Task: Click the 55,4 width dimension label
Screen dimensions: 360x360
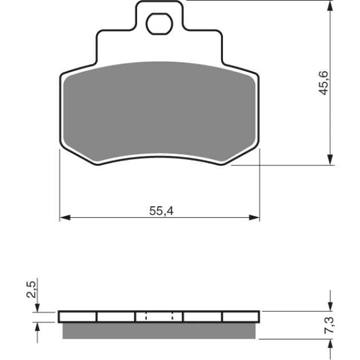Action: (x=161, y=211)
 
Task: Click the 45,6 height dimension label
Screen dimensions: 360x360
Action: (x=324, y=83)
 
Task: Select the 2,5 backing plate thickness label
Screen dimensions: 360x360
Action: (x=31, y=289)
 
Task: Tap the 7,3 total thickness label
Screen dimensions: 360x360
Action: (x=330, y=325)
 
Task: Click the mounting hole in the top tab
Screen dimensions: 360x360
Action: (x=159, y=23)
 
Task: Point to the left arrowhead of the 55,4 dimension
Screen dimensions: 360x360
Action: (x=65, y=217)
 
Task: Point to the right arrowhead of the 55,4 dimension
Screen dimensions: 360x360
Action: (x=254, y=217)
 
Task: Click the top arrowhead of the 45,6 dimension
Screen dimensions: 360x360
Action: (x=330, y=6)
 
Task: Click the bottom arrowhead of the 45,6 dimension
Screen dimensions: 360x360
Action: (x=330, y=159)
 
